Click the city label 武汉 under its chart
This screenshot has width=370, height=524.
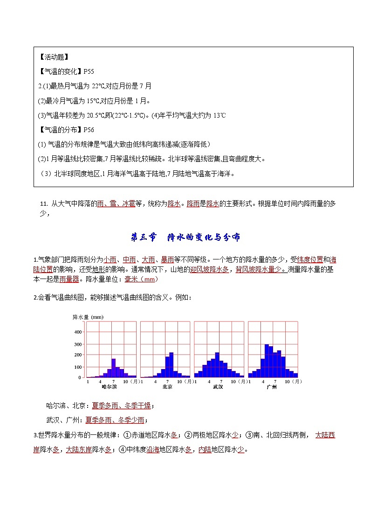[218, 387]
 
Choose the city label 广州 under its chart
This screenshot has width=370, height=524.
[272, 387]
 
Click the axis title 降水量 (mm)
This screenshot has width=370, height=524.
[88, 317]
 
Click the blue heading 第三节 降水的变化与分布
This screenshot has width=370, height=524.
[185, 238]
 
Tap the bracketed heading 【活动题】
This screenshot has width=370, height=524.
[53, 57]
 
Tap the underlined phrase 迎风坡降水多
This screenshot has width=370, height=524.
[209, 269]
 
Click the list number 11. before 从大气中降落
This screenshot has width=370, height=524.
[44, 203]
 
